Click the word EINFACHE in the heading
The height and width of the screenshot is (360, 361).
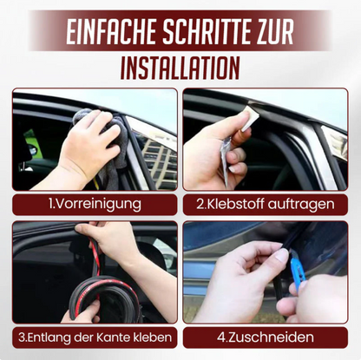105,31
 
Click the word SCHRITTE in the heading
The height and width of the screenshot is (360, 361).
211,31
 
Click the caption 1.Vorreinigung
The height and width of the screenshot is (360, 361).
94,205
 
